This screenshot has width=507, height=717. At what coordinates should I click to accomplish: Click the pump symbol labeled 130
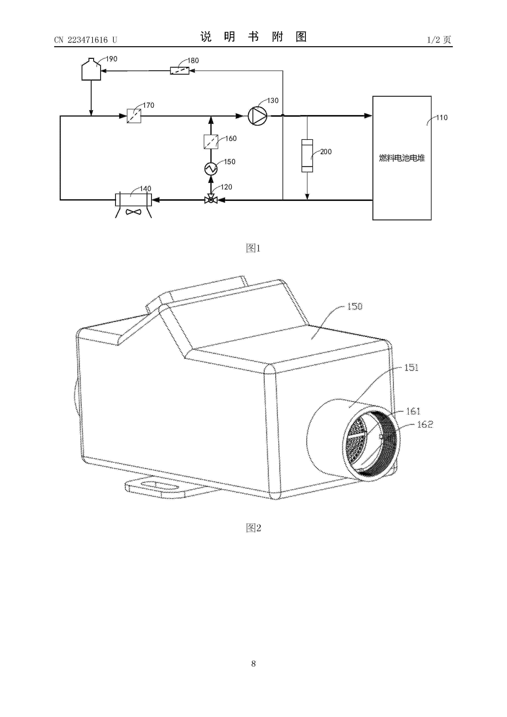coord(257,116)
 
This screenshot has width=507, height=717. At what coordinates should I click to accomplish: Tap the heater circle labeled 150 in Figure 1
coord(211,169)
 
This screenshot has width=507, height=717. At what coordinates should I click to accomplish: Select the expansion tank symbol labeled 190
coord(91,70)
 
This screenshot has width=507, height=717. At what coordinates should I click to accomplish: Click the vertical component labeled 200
coord(307,156)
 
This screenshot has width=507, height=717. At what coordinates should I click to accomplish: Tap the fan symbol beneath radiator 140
coord(133,212)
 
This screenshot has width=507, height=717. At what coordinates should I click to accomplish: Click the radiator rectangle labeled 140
coord(133,200)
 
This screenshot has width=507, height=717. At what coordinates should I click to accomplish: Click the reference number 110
coord(442,118)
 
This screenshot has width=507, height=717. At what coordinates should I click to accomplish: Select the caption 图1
coord(253,248)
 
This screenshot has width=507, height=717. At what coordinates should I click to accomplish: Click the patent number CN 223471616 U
coord(86,40)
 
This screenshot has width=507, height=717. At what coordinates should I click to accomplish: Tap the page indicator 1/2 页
coord(439,40)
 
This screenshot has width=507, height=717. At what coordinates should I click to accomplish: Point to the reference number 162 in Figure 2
coord(425,424)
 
